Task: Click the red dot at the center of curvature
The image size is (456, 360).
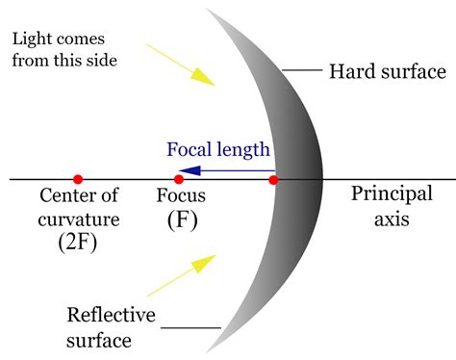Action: (x=78, y=179)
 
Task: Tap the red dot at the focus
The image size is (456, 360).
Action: (x=178, y=179)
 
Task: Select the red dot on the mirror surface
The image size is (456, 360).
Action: (x=274, y=179)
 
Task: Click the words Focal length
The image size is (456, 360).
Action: (x=218, y=150)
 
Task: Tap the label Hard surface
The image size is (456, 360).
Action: (x=387, y=72)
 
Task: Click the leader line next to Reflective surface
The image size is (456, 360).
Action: (x=190, y=328)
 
